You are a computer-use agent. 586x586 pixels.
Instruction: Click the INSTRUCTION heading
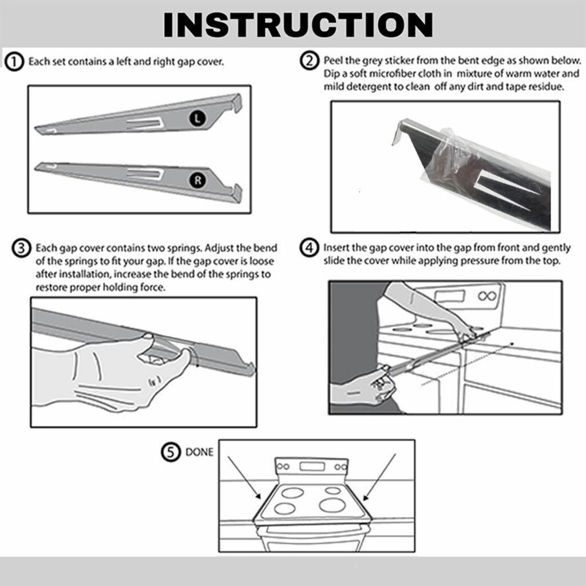tap(298, 25)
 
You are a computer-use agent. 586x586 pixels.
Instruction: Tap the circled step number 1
tap(14, 62)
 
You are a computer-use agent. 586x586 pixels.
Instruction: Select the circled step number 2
tap(310, 61)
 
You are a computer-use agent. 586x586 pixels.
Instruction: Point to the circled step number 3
tap(21, 248)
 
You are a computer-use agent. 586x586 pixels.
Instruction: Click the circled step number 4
tap(310, 247)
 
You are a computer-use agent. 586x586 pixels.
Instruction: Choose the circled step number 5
tap(171, 452)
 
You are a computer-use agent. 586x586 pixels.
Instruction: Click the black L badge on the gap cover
tap(197, 118)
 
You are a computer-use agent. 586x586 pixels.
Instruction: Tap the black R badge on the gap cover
tap(197, 180)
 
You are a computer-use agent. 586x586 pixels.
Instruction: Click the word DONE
tap(199, 452)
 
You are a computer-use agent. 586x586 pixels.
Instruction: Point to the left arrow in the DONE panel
tap(244, 478)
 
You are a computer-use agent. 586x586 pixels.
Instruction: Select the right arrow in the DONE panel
tap(379, 477)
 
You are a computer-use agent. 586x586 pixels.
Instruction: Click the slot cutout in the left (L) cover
tap(144, 123)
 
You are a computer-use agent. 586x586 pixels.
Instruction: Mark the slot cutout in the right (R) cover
tap(145, 174)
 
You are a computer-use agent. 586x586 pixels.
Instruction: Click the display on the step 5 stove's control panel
tap(312, 466)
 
